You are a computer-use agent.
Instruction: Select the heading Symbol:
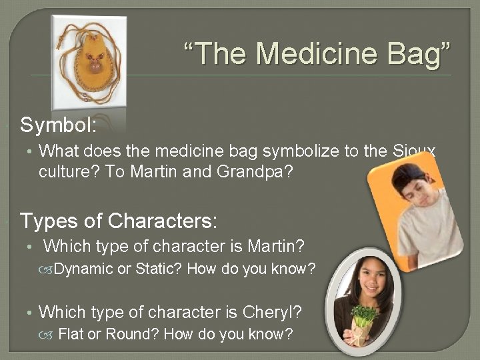click(59, 125)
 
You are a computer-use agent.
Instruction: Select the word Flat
click(71, 334)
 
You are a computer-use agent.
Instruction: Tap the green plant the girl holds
click(363, 313)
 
